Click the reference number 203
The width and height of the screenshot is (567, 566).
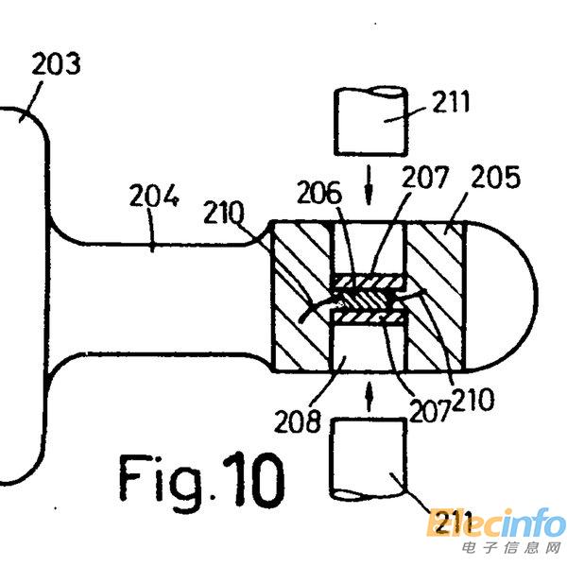point(56,66)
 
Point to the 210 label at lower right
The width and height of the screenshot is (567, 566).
point(472,400)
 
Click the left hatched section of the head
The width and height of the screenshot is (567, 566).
point(301,296)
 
